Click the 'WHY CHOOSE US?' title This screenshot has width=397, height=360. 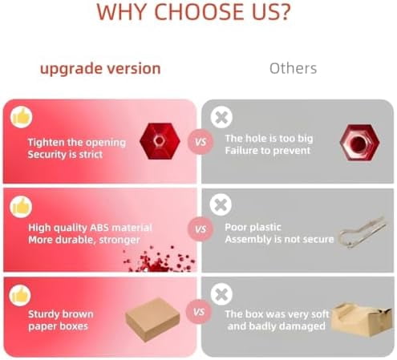(x=193, y=12)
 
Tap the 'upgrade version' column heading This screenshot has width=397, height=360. (x=100, y=69)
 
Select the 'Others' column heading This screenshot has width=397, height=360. (x=293, y=68)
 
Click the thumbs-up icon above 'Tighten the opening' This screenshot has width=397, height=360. (x=21, y=117)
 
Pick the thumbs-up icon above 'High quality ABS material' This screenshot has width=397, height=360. (x=21, y=207)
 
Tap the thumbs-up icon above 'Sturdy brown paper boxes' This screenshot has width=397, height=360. (x=20, y=295)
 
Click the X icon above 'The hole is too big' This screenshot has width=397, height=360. (x=221, y=117)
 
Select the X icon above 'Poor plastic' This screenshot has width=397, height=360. (x=221, y=204)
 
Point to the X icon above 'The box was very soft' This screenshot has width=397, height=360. (x=221, y=294)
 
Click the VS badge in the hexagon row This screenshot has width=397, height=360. (x=201, y=142)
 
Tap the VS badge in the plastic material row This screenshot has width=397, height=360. (x=201, y=229)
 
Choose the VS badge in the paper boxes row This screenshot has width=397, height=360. (x=199, y=312)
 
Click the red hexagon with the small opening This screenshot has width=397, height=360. (x=160, y=141)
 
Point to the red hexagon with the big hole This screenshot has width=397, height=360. (x=360, y=143)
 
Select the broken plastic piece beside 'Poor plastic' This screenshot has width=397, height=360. (x=363, y=232)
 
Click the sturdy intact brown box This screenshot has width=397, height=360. (x=152, y=319)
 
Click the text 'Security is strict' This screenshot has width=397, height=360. (x=65, y=155)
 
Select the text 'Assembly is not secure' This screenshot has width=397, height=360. (x=279, y=239)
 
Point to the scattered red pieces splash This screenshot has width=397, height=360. (x=159, y=259)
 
